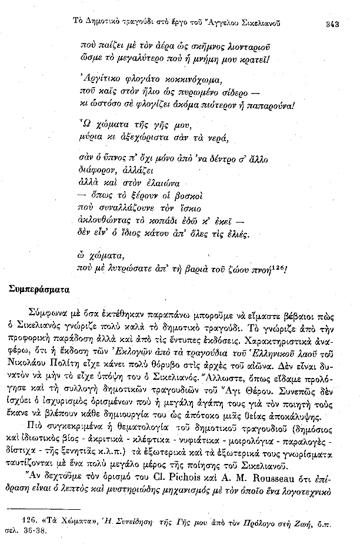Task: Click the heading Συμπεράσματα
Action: [x=39, y=289]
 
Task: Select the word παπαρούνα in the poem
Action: [x=268, y=106]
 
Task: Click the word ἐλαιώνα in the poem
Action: [x=159, y=182]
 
